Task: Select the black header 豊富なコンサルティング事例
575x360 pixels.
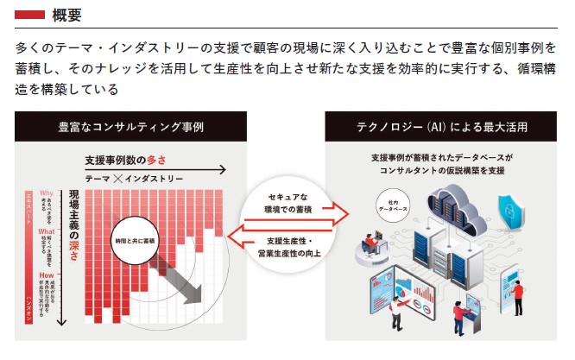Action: coord(130,127)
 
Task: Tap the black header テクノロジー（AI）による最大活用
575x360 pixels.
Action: coord(443,127)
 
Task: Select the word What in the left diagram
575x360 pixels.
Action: coord(47,231)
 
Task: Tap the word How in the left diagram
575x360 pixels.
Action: coord(47,275)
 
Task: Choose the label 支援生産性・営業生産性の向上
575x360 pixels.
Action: coord(289,245)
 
